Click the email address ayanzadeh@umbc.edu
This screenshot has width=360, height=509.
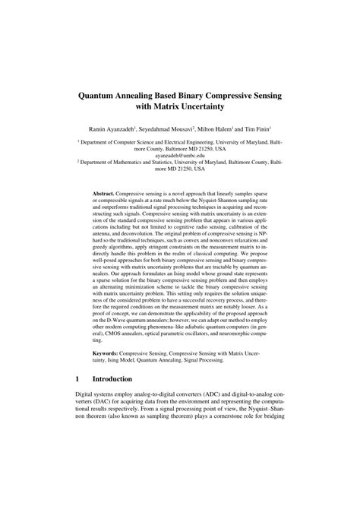coord(180,154)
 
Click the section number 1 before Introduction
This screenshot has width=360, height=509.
coord(78,378)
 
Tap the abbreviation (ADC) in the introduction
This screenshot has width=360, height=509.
coord(214,396)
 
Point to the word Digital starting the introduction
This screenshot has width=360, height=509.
coord(87,396)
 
